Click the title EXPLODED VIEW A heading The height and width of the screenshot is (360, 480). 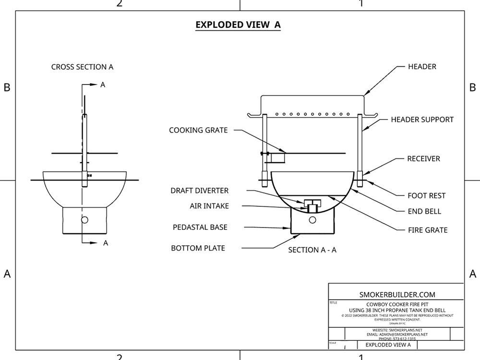(x=238, y=24)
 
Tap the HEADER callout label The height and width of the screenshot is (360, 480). (x=422, y=67)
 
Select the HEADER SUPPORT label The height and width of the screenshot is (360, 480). (x=422, y=120)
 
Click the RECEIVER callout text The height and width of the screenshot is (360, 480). (x=423, y=158)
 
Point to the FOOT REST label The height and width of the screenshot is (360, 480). (x=426, y=195)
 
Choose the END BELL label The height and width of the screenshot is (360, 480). (x=424, y=211)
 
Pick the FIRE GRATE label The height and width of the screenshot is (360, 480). (x=427, y=230)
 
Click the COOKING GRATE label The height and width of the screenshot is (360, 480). (x=198, y=130)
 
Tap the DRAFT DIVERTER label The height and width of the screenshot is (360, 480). (x=199, y=191)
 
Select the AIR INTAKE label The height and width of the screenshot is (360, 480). (x=209, y=206)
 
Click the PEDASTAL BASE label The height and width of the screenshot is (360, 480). (x=200, y=227)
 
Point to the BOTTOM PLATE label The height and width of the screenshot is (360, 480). (x=198, y=248)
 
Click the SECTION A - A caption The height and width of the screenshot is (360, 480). (x=312, y=250)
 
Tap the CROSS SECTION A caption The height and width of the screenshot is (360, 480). (x=82, y=67)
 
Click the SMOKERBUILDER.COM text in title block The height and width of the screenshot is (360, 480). (x=396, y=295)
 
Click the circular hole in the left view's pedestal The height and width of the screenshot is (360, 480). (x=85, y=220)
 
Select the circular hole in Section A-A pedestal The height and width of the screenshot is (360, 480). (x=313, y=220)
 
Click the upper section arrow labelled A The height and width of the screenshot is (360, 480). (x=93, y=85)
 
